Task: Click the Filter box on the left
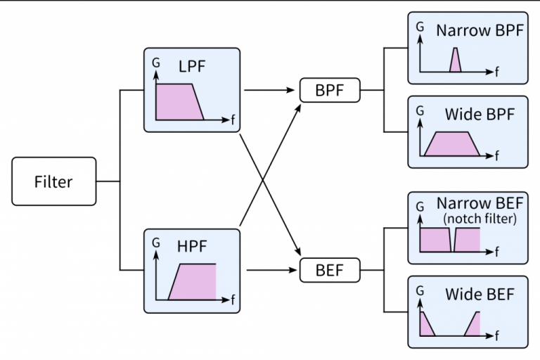54,181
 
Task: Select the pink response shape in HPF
193,283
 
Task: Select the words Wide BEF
480,293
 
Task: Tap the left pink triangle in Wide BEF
425,326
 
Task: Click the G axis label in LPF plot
156,63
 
